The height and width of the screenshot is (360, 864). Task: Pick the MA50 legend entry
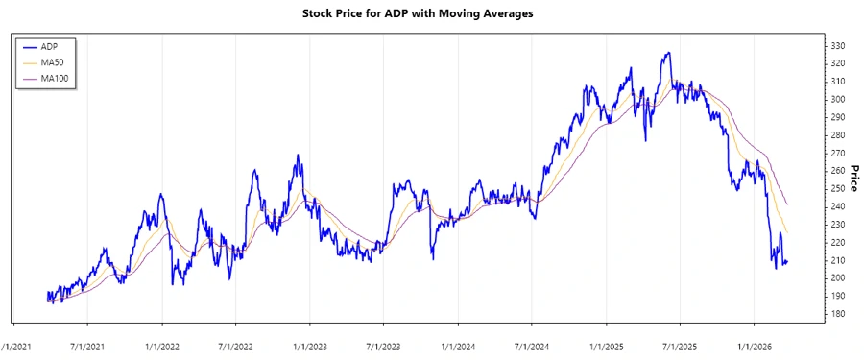(x=53, y=62)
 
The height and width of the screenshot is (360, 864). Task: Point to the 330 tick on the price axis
(x=837, y=46)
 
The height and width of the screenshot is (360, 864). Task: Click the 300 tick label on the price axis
(x=837, y=100)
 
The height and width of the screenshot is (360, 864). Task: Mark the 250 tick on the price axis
(x=837, y=189)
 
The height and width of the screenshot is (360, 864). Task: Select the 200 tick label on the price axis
(x=837, y=278)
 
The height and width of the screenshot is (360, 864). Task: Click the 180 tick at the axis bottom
(x=837, y=314)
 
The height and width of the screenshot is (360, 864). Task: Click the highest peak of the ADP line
(x=667, y=53)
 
